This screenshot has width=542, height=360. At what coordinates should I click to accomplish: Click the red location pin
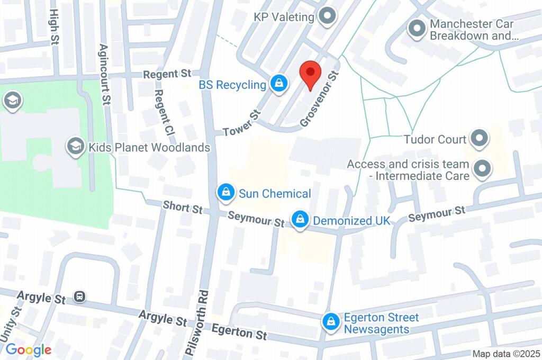coord(310,75)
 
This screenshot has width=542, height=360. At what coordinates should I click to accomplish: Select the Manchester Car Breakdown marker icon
coord(417,29)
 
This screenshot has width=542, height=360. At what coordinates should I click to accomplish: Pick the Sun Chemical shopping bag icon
coord(226,193)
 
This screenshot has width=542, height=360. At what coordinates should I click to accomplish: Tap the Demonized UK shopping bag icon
coord(300,220)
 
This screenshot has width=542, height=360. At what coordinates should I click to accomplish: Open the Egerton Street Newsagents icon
coord(331,321)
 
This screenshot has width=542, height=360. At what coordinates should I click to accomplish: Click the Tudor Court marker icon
coord(480,139)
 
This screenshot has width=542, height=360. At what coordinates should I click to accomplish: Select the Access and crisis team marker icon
coord(482,169)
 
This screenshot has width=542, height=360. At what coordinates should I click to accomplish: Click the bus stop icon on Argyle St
coord(80,297)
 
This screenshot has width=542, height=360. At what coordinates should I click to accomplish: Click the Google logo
coord(29,349)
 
